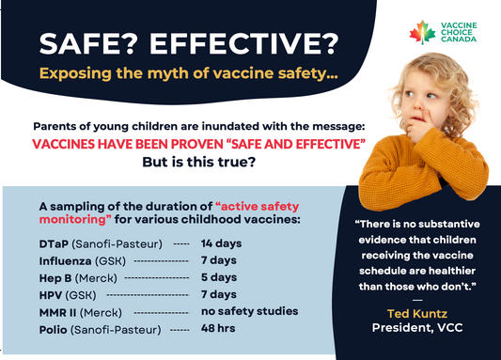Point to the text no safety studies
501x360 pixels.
248,311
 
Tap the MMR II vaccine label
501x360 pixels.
58,312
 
